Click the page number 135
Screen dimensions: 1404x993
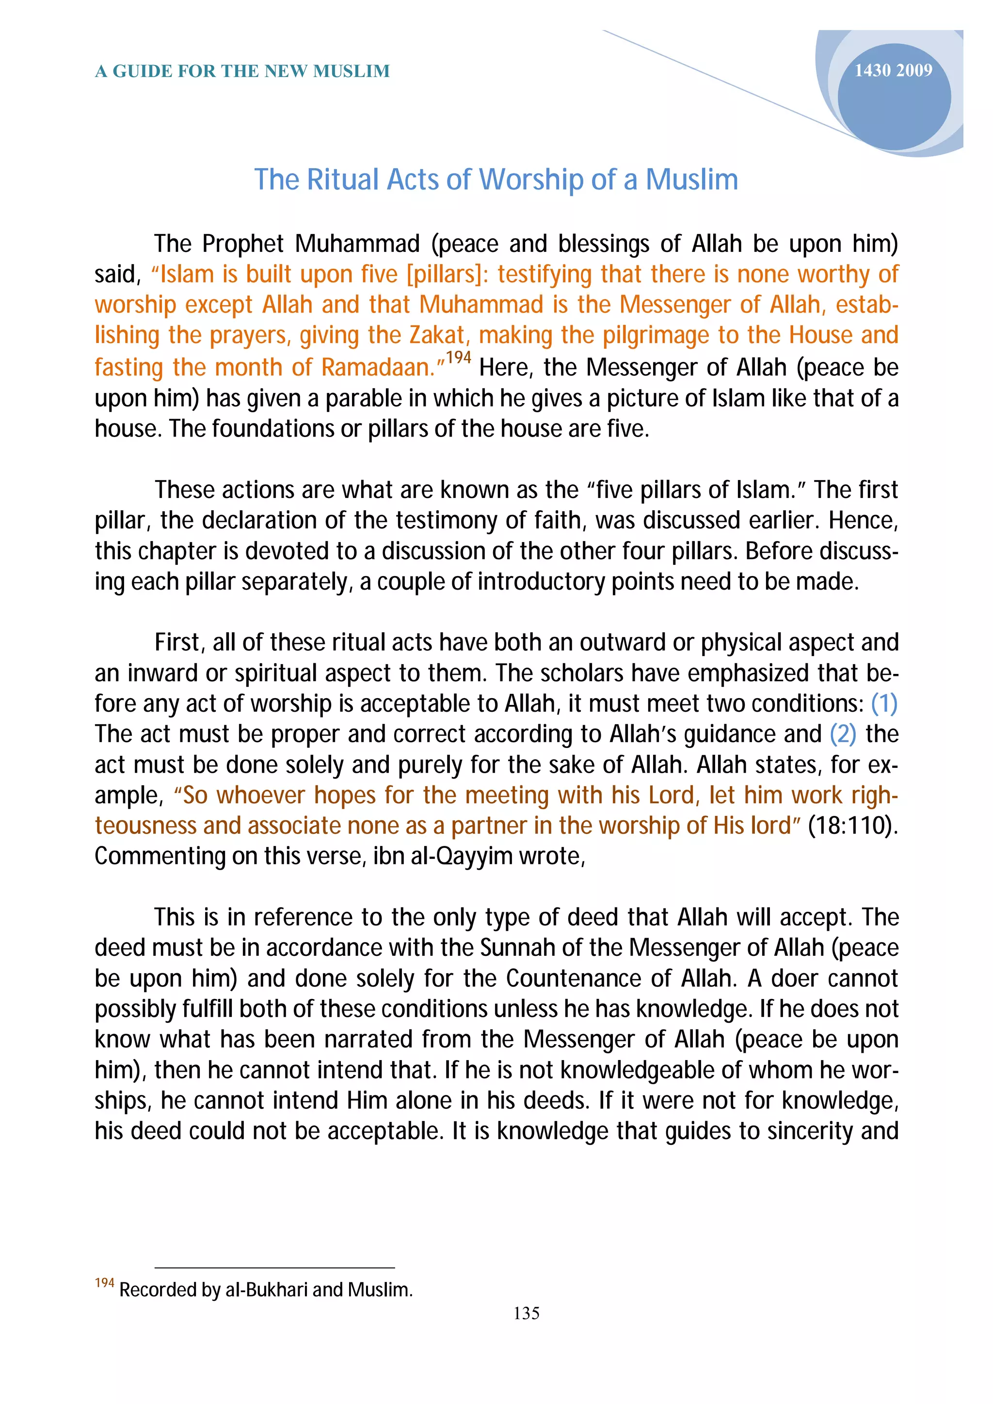pyautogui.click(x=526, y=1313)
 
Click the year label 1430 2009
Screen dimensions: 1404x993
pyautogui.click(x=893, y=71)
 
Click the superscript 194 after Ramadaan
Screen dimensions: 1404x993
pyautogui.click(x=458, y=358)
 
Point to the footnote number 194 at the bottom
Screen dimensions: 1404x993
pyautogui.click(x=105, y=1283)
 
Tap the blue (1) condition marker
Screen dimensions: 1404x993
pyautogui.click(x=884, y=704)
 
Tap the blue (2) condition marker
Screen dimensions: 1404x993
pyautogui.click(x=843, y=734)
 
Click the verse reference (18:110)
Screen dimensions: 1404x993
pyautogui.click(x=852, y=826)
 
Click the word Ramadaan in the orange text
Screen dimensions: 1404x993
pyautogui.click(x=378, y=368)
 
